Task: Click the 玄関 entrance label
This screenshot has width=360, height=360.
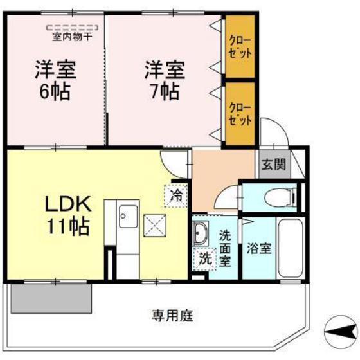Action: tap(274, 164)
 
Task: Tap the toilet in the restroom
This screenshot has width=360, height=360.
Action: tap(281, 197)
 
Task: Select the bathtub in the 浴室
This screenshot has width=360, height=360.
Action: tap(291, 248)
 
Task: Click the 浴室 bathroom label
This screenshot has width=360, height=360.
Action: tap(259, 248)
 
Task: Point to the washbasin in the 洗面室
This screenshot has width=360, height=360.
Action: tap(201, 233)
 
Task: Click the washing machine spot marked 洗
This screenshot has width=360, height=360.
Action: tap(205, 258)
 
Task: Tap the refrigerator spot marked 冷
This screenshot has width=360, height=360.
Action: tap(176, 196)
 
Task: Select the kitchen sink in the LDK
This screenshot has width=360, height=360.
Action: tap(129, 216)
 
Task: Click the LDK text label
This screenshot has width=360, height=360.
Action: tap(68, 204)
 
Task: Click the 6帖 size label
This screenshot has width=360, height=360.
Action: tap(55, 91)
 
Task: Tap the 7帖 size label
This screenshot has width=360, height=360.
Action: tap(165, 91)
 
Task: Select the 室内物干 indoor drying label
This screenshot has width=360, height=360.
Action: tap(72, 37)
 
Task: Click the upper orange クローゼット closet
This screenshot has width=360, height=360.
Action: tap(240, 46)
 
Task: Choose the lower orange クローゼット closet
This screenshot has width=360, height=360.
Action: tap(240, 114)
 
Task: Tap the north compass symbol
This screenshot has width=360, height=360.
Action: tap(341, 332)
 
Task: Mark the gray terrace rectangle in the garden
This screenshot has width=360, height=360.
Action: tap(51, 298)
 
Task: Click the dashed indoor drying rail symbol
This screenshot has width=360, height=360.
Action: tap(72, 28)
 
